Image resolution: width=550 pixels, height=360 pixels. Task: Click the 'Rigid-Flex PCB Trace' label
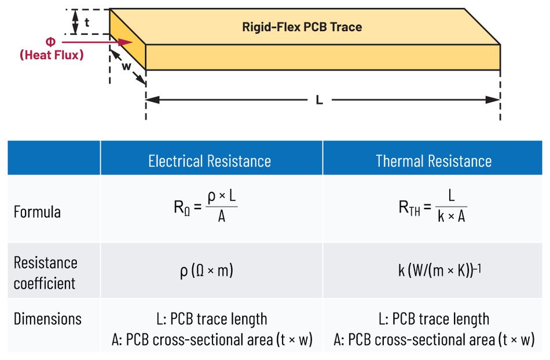tap(302, 27)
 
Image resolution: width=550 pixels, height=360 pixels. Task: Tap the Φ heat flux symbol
tap(50, 42)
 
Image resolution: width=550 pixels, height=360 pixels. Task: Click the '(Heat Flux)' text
tap(52, 54)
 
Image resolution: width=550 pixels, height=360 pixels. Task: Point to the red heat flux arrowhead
tap(125, 42)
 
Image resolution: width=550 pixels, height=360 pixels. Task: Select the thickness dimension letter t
tap(87, 23)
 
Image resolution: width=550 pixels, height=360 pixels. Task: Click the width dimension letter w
tap(127, 66)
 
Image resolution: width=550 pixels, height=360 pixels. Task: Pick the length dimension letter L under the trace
tap(319, 100)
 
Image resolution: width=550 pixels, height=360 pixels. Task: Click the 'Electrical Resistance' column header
tap(210, 161)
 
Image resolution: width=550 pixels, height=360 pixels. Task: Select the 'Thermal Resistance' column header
tap(434, 161)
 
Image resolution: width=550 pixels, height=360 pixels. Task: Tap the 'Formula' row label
tap(37, 212)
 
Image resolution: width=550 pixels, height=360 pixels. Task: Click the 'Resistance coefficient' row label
tap(46, 273)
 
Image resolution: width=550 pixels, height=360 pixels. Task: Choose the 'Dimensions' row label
tap(47, 319)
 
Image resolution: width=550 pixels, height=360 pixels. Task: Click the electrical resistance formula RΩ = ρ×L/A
tap(206, 207)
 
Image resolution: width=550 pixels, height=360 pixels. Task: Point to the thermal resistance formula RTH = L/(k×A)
tap(433, 207)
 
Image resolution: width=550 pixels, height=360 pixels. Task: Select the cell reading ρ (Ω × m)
tap(207, 271)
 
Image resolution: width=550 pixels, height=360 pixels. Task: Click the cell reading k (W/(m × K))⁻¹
tap(440, 270)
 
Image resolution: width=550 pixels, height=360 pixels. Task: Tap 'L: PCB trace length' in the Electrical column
tap(212, 319)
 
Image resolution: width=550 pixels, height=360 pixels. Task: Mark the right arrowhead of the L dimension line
tap(493, 100)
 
